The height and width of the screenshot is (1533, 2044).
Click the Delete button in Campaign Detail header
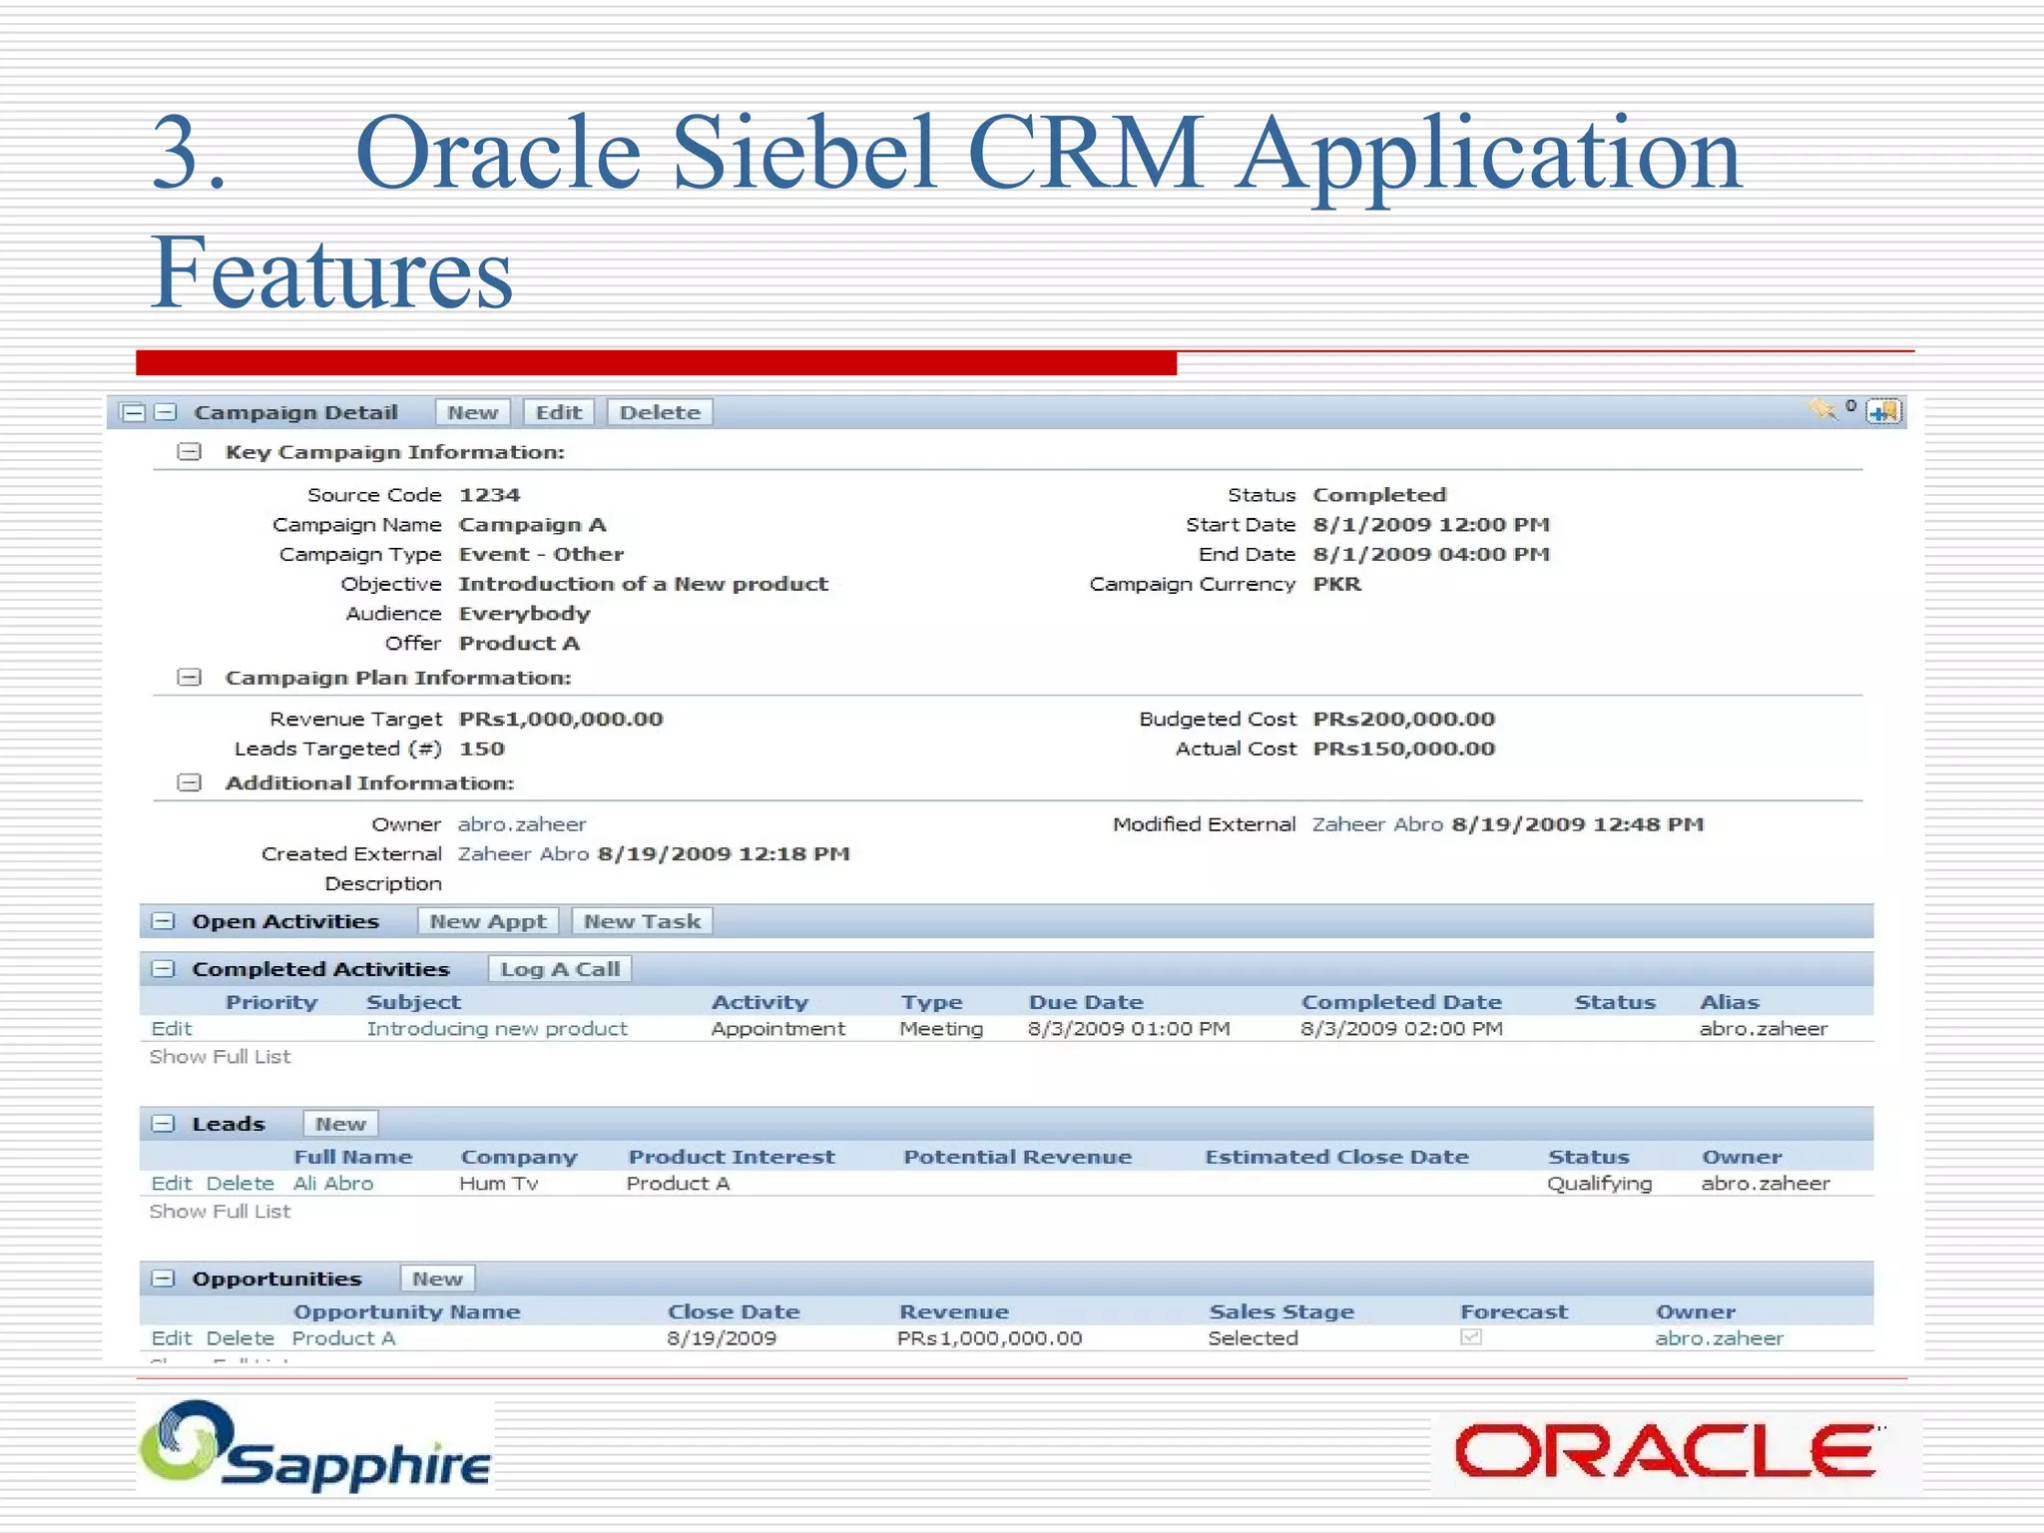click(660, 412)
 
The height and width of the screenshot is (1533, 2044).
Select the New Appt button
click(487, 921)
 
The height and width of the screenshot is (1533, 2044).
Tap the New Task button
click(642, 921)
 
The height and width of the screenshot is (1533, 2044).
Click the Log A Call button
click(559, 969)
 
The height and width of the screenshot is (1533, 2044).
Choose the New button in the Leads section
click(340, 1124)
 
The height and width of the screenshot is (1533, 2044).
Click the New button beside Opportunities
click(437, 1278)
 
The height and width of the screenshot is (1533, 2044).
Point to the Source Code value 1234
click(489, 495)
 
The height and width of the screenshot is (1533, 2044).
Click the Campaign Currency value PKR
click(1336, 584)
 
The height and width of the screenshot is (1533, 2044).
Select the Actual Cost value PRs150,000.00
click(1403, 749)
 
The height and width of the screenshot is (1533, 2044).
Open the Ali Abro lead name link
click(333, 1184)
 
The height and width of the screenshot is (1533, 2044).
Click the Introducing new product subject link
click(497, 1029)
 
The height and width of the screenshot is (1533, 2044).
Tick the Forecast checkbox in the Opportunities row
click(1470, 1337)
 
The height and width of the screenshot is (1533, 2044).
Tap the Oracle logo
click(1665, 1451)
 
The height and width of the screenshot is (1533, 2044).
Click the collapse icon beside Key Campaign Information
click(189, 452)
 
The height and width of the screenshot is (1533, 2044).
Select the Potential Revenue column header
click(1017, 1157)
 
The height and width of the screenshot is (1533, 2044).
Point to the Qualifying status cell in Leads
click(1599, 1184)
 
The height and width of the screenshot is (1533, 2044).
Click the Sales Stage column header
click(1281, 1311)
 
